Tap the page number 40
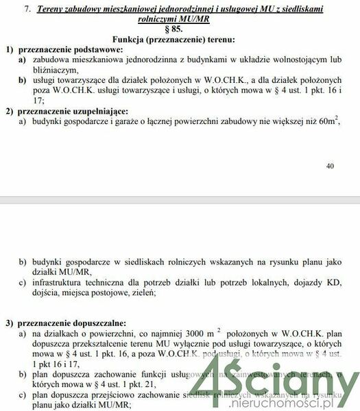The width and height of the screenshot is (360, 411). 330,166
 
